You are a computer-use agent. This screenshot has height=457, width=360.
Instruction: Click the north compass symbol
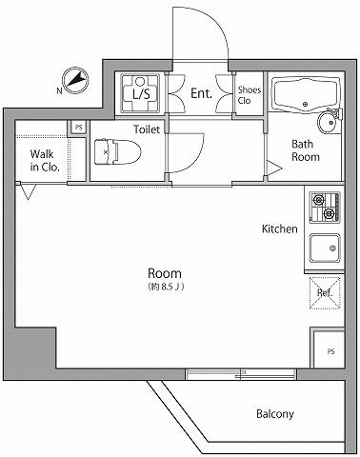(x=75, y=80)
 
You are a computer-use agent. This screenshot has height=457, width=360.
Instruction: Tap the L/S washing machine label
(x=141, y=93)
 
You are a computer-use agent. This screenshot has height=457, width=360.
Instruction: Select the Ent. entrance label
(x=201, y=93)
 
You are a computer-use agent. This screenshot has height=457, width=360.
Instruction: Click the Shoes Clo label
(x=250, y=95)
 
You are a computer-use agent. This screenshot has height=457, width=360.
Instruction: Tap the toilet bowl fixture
(x=117, y=151)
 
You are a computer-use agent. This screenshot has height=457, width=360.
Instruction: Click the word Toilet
(x=147, y=129)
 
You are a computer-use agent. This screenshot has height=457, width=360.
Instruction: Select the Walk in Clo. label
(x=45, y=161)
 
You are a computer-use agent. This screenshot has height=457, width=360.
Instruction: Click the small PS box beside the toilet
(x=78, y=128)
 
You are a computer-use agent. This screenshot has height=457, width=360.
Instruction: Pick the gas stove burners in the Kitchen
(x=325, y=207)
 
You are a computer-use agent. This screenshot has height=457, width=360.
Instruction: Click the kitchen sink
(x=325, y=248)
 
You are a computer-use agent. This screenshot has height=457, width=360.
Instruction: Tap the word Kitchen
(x=280, y=228)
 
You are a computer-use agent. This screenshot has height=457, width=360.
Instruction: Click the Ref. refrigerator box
(x=325, y=293)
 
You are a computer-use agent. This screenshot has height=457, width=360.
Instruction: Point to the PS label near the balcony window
(x=330, y=351)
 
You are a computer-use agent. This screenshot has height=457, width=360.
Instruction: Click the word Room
(x=165, y=273)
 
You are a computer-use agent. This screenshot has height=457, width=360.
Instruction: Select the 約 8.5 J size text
(x=166, y=287)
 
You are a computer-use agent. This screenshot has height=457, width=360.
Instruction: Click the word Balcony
(x=275, y=414)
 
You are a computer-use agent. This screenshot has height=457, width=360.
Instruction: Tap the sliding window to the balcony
(x=241, y=374)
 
